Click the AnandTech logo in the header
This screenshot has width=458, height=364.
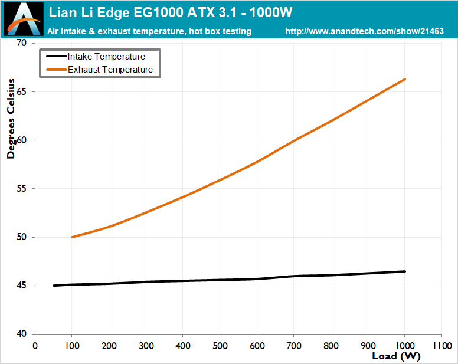(24, 19)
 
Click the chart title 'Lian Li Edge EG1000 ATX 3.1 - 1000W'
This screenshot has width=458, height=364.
(171, 12)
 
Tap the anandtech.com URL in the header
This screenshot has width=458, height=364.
(364, 31)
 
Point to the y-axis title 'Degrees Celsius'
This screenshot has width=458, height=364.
(11, 119)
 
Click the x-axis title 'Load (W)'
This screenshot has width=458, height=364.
(396, 356)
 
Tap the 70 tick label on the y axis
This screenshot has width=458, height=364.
(22, 43)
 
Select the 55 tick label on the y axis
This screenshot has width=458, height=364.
(22, 189)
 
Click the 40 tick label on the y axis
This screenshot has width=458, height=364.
(22, 334)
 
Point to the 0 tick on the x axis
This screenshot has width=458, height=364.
(35, 346)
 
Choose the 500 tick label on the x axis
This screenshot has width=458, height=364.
(220, 346)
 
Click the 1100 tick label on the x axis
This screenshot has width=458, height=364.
(442, 346)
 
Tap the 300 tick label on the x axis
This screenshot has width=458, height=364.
(146, 346)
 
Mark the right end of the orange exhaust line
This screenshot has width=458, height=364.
(405, 79)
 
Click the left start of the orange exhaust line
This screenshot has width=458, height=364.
(72, 237)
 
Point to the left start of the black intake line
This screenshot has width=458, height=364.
(54, 286)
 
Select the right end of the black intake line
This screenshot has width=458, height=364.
(405, 271)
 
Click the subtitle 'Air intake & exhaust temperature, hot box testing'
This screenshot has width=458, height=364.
(149, 31)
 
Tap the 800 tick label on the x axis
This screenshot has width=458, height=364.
(331, 346)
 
